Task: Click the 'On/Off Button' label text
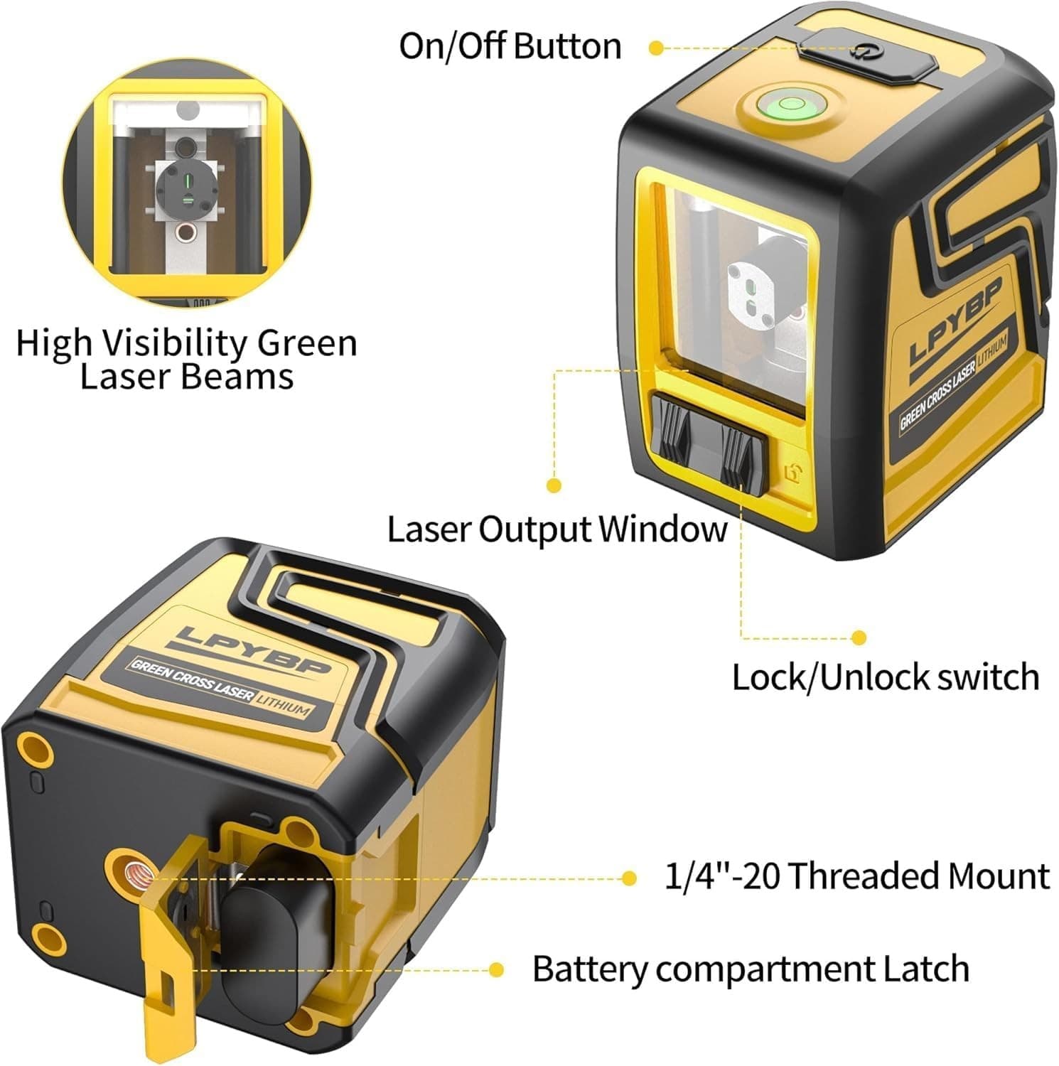coord(510,47)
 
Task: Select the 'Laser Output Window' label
coord(557,529)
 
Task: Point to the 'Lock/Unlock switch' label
coord(886,677)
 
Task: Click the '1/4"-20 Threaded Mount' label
coord(856,876)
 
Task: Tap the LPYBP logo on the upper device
coord(957,321)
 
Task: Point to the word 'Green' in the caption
coord(307,344)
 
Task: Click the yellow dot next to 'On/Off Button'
coord(657,48)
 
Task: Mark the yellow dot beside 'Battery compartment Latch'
coord(496,970)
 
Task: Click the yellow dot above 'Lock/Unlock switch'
coord(859,637)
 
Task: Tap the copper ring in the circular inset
coord(187,232)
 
